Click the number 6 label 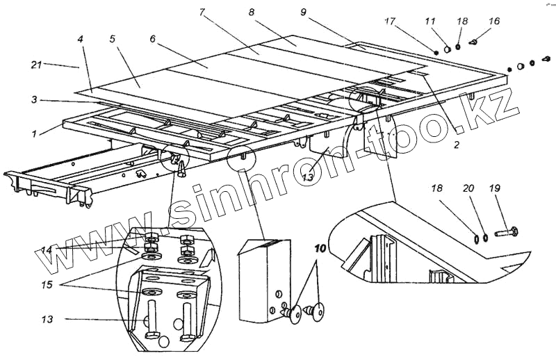153,39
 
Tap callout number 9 304,13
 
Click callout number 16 494,22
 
